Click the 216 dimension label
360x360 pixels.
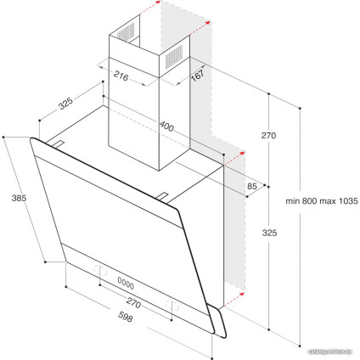click(121, 77)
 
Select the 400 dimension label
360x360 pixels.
click(167, 127)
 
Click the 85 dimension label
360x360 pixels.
click(252, 187)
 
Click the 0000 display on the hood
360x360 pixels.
click(126, 283)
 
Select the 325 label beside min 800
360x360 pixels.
click(268, 233)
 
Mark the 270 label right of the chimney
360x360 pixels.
click(268, 136)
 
